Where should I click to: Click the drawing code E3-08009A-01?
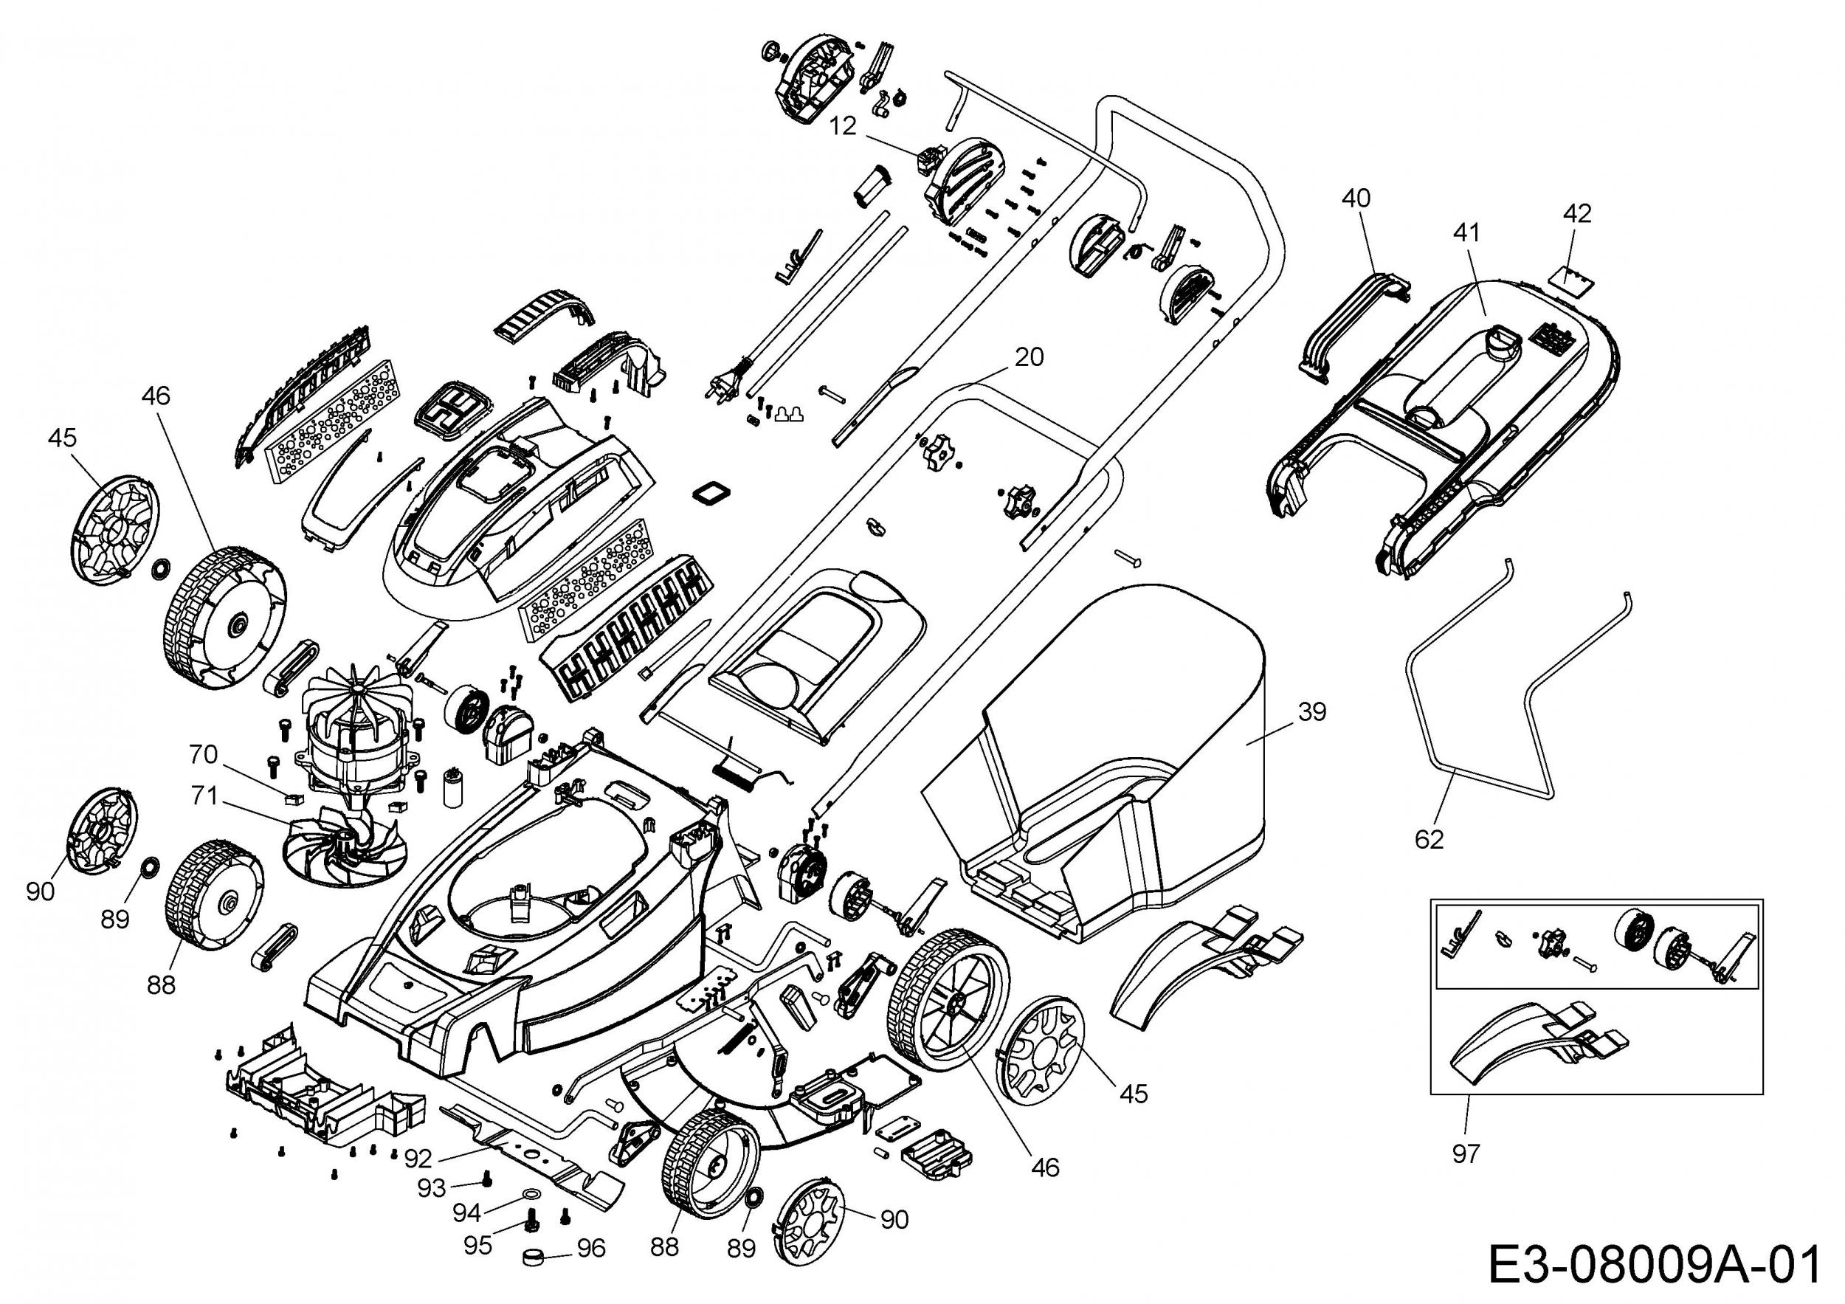(x=1654, y=1265)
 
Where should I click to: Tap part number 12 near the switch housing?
(x=843, y=126)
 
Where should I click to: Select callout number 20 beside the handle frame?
(x=1030, y=356)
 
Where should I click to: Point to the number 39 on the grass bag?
(x=1312, y=712)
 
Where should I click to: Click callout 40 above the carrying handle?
(x=1356, y=199)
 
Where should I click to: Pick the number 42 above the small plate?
(x=1577, y=214)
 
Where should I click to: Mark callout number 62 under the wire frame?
(x=1430, y=840)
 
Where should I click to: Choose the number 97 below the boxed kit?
(x=1466, y=1153)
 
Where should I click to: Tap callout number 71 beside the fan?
(x=204, y=796)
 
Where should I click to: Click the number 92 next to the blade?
(x=418, y=1158)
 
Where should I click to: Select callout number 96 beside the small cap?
(x=590, y=1248)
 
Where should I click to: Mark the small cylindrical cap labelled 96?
(x=534, y=1256)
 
